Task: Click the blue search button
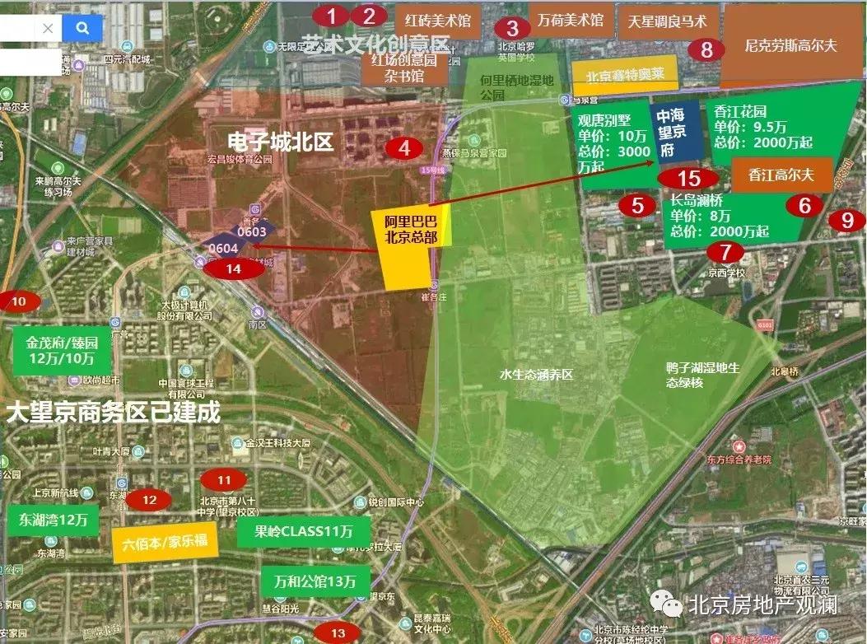(82, 28)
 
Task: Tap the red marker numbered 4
(403, 148)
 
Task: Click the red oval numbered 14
(234, 268)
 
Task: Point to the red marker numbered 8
(706, 49)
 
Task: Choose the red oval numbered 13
(338, 632)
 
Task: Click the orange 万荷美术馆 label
(571, 19)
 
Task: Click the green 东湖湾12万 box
(54, 520)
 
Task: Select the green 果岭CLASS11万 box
(303, 531)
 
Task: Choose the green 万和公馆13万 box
(315, 581)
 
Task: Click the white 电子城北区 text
(281, 142)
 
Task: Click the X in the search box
(48, 28)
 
